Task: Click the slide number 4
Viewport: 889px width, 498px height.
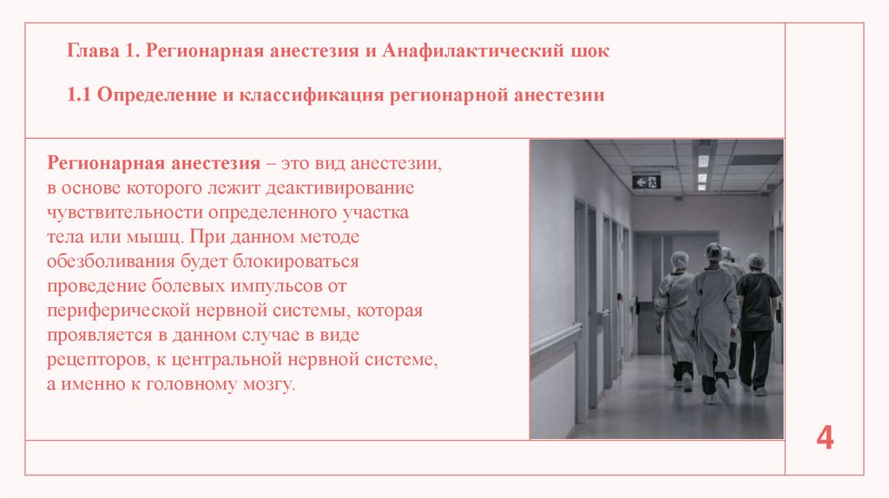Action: [x=825, y=438]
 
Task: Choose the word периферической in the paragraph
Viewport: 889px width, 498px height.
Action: [x=109, y=310]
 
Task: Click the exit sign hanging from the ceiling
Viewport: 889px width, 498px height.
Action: [x=647, y=180]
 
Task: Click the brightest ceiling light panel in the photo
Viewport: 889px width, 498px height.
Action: [x=702, y=161]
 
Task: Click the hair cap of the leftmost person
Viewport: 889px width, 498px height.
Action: [x=679, y=259]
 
